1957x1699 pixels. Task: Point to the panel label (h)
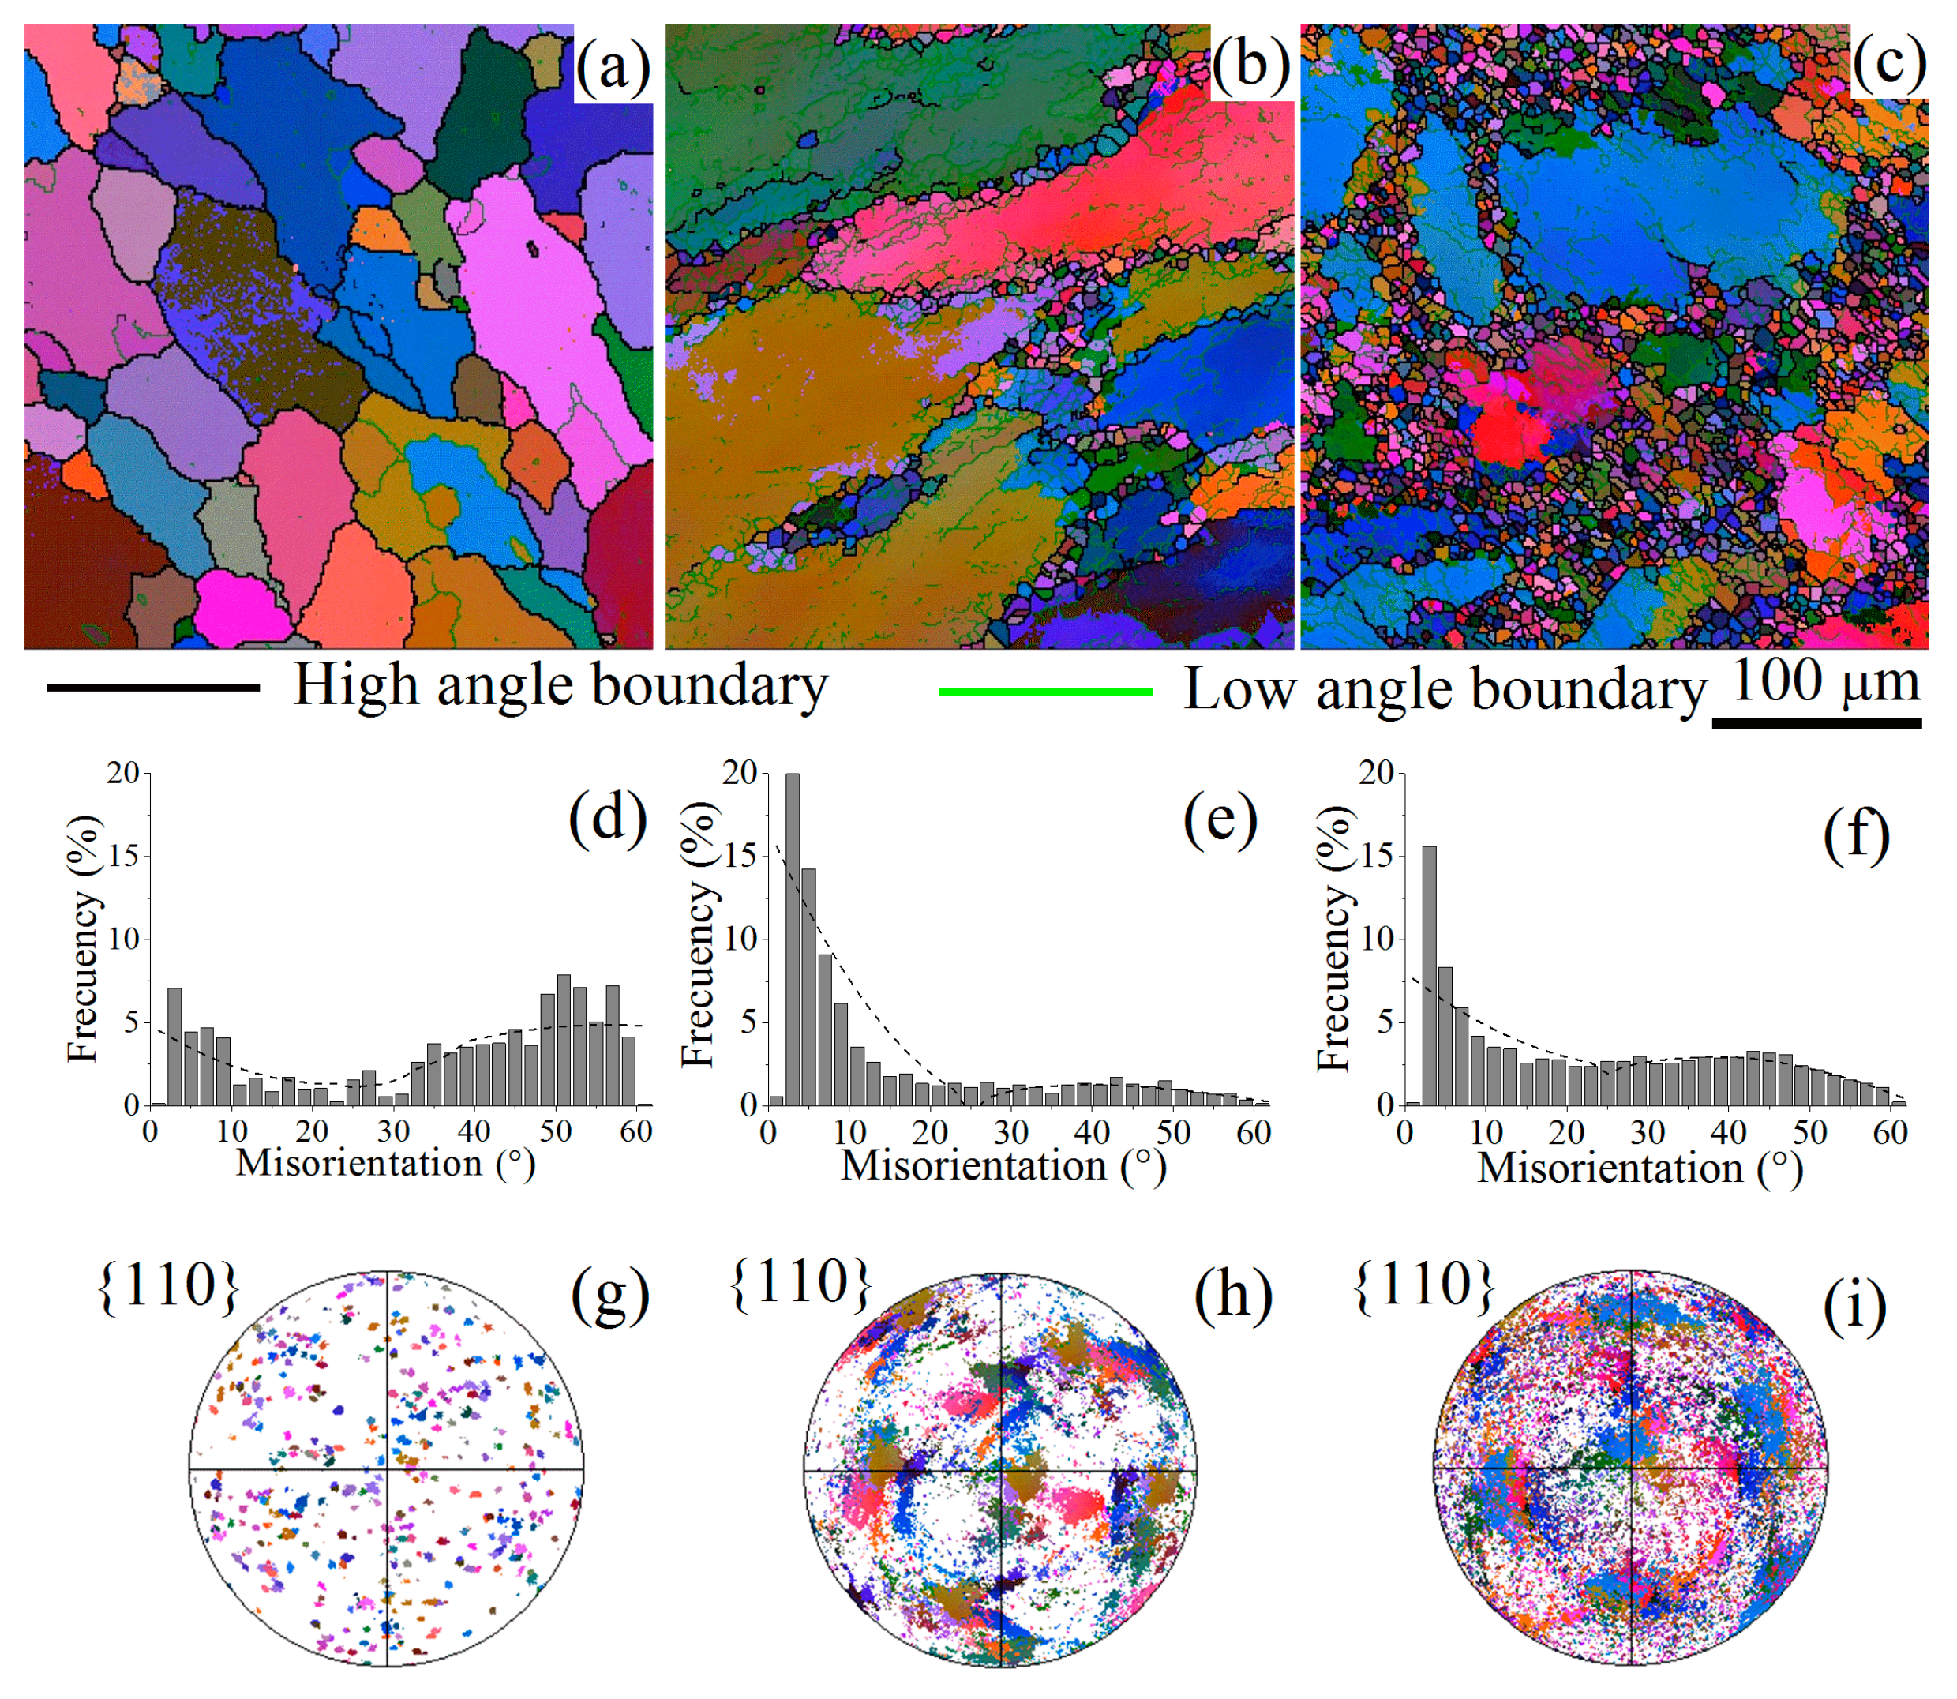(x=1232, y=1294)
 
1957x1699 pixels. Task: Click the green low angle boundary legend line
(x=1045, y=691)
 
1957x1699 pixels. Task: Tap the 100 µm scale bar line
(x=1816, y=722)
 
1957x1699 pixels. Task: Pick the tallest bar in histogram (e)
(x=793, y=939)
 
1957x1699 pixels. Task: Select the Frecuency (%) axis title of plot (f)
(x=1334, y=939)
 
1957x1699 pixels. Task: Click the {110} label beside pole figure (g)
(x=168, y=1287)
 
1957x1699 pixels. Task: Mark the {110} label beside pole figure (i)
(x=1424, y=1285)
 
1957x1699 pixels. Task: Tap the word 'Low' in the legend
(x=1239, y=689)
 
